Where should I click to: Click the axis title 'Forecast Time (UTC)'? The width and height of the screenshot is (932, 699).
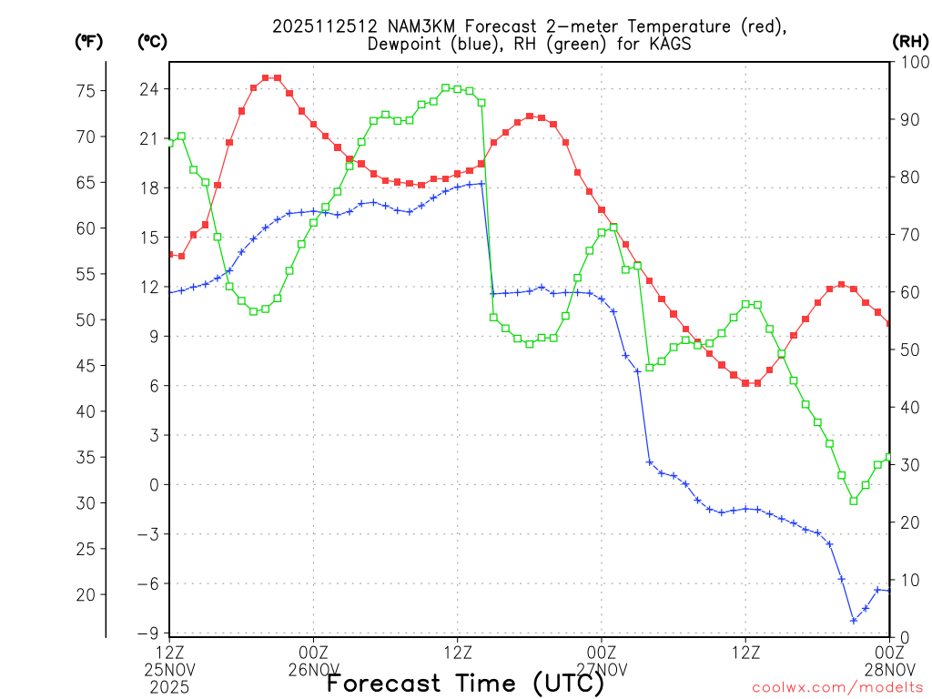(465, 683)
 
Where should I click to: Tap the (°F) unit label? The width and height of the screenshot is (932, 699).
(88, 42)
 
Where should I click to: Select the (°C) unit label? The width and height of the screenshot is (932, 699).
(152, 42)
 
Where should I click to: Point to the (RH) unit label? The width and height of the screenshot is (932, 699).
(909, 42)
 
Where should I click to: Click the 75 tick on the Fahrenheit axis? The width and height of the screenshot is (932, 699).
(86, 91)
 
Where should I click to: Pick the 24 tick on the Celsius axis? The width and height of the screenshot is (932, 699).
(149, 89)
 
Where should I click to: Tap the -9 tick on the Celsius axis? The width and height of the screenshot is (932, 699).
(147, 633)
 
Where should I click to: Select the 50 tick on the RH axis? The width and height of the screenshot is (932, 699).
(906, 349)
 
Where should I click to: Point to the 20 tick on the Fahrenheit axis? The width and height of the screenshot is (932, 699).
(86, 594)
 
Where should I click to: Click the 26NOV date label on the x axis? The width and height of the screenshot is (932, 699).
(313, 670)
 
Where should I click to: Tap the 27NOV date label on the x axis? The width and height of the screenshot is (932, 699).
(602, 670)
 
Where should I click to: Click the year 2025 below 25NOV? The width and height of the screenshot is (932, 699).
(169, 686)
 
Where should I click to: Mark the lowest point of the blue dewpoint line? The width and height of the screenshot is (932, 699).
(854, 621)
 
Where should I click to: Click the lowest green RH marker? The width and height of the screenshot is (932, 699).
(854, 501)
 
